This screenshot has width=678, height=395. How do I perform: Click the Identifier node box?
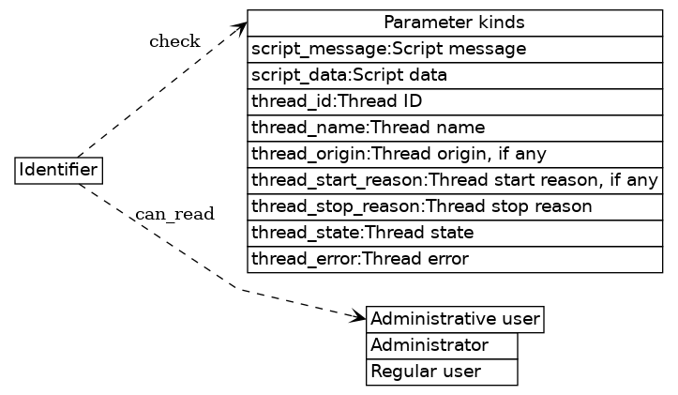click(x=59, y=171)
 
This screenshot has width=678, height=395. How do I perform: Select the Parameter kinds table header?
click(x=455, y=23)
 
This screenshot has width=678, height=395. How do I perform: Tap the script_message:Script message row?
click(x=455, y=49)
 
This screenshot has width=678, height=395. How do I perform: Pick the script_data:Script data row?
click(x=455, y=75)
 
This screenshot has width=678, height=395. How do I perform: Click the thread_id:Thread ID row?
click(x=455, y=101)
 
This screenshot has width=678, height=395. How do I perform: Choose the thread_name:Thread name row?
click(x=455, y=127)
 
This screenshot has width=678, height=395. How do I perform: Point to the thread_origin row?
click(x=455, y=154)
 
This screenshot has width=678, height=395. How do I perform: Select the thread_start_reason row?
click(x=455, y=180)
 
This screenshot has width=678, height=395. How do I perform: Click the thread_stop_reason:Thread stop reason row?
click(x=455, y=206)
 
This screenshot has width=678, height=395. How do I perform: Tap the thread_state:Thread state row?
click(x=455, y=233)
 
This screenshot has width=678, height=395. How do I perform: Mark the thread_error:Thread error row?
click(x=455, y=258)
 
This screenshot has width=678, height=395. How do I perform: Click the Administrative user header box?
click(x=455, y=320)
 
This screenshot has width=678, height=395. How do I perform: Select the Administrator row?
click(x=442, y=345)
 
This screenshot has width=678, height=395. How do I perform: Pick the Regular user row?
click(x=442, y=372)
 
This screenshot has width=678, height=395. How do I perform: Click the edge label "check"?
click(x=174, y=41)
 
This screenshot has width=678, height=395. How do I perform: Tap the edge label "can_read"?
click(x=175, y=215)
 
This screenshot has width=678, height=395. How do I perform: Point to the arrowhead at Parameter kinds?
click(x=240, y=26)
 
